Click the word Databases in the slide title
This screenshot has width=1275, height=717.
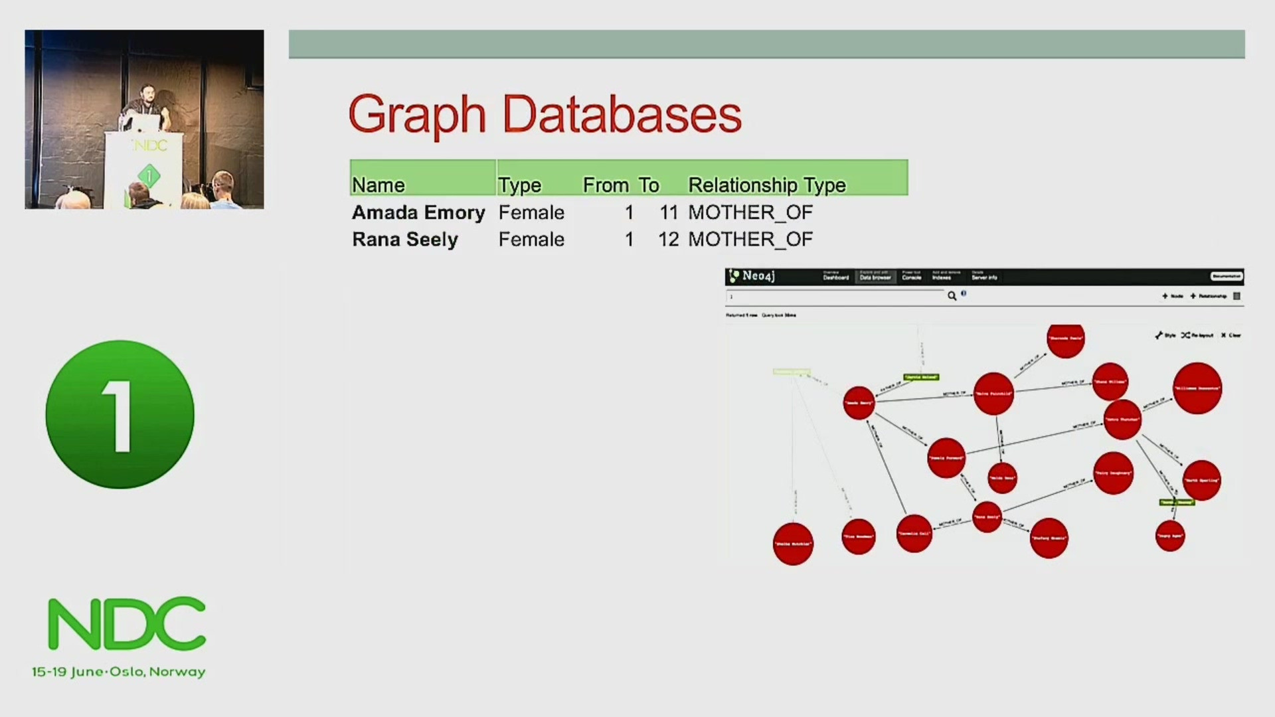pyautogui.click(x=622, y=114)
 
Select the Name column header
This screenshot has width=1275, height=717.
pyautogui.click(x=379, y=185)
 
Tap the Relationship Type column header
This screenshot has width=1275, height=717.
pyautogui.click(x=767, y=185)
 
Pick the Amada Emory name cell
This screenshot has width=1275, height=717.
pyautogui.click(x=418, y=212)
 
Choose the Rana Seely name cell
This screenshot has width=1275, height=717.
pyautogui.click(x=405, y=239)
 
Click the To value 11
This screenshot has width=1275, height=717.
pyautogui.click(x=669, y=212)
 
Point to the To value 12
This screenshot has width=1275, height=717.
pyautogui.click(x=669, y=239)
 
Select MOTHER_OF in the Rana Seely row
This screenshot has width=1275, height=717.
pyautogui.click(x=750, y=239)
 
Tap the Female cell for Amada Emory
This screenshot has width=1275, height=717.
pyautogui.click(x=531, y=212)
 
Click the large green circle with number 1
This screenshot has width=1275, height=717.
pyautogui.click(x=120, y=415)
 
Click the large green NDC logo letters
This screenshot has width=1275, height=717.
pyautogui.click(x=127, y=623)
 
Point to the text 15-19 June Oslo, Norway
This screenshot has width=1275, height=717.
pyautogui.click(x=119, y=672)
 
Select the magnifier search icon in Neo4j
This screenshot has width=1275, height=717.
pyautogui.click(x=952, y=296)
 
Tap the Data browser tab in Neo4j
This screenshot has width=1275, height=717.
pyautogui.click(x=875, y=276)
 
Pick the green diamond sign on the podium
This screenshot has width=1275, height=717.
pyautogui.click(x=149, y=176)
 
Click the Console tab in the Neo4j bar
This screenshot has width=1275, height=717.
pyautogui.click(x=912, y=276)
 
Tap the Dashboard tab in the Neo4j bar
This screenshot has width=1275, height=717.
pyautogui.click(x=836, y=276)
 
